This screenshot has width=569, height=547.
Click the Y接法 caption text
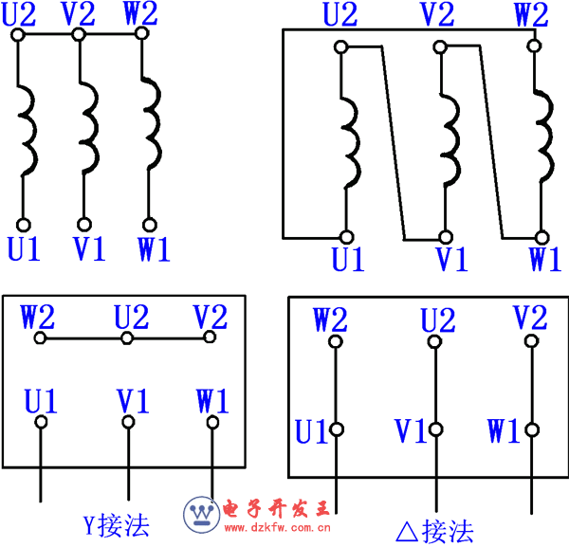[x=117, y=522]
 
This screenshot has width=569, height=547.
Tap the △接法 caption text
[x=433, y=530]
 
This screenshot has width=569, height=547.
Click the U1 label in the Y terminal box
[x=39, y=400]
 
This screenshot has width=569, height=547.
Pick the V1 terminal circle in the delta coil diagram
[x=444, y=237]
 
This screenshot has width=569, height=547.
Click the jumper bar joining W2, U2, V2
[x=123, y=337]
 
